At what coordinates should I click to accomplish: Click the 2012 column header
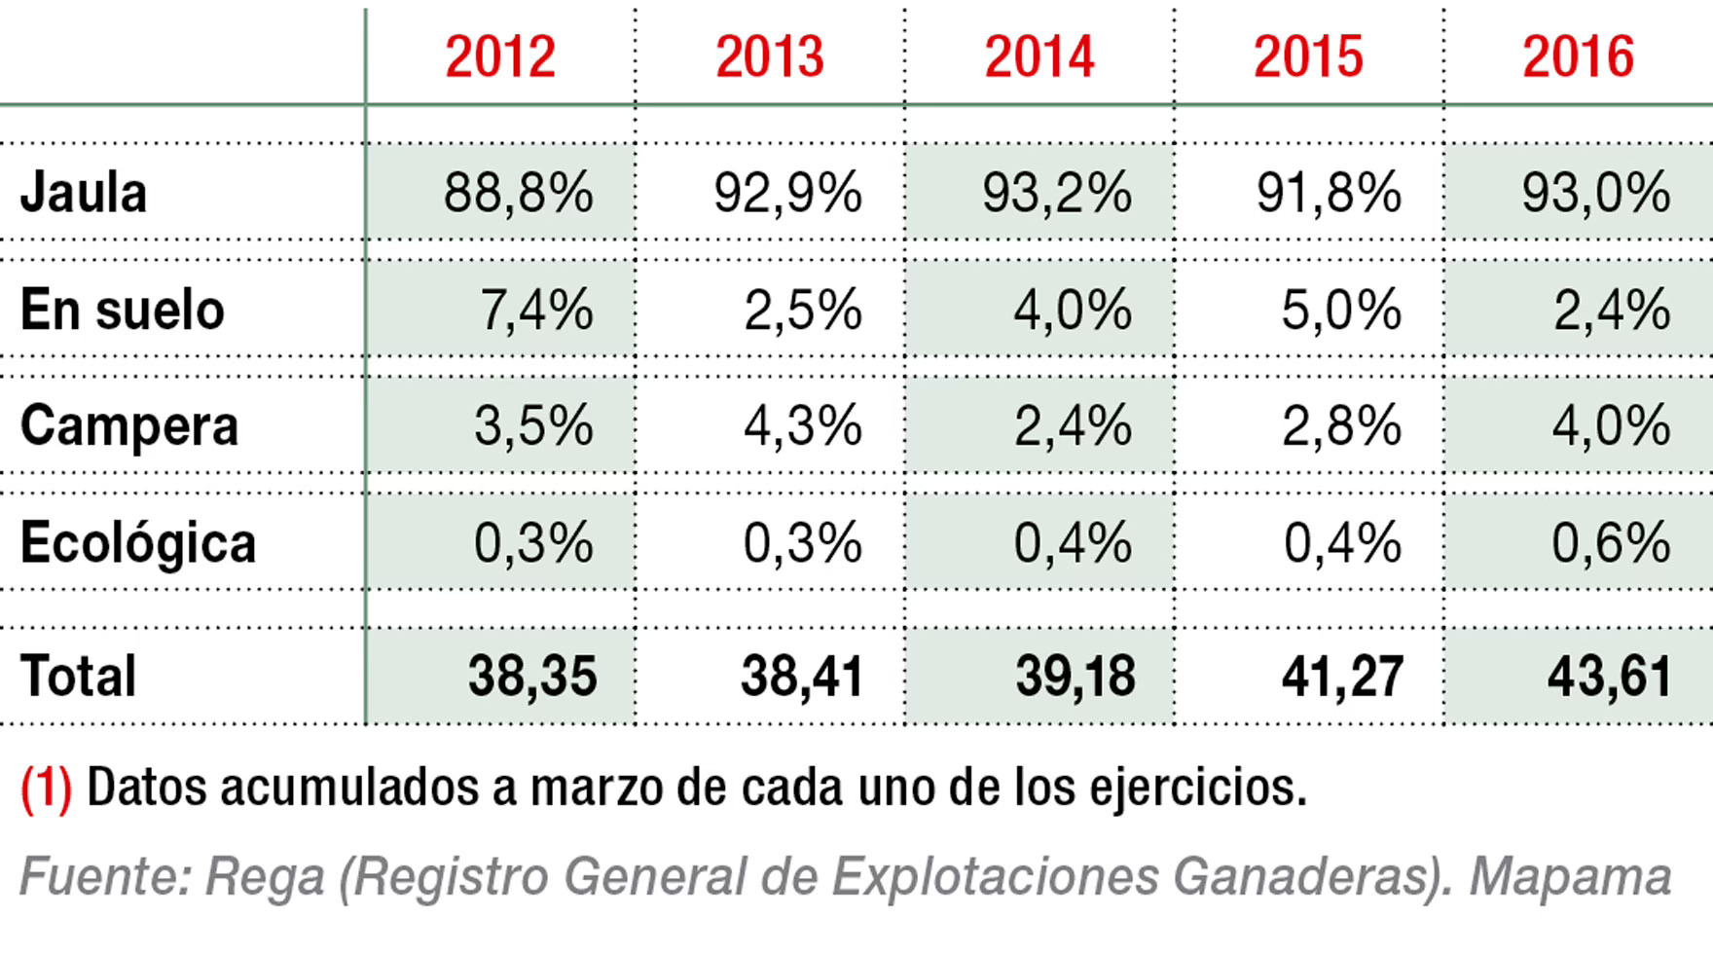click(500, 57)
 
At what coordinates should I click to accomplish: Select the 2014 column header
click(1039, 57)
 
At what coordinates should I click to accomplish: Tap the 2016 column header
click(1578, 57)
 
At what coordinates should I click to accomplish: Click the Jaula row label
click(84, 192)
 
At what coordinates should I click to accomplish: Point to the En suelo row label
click(122, 310)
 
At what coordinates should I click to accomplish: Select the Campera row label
click(128, 425)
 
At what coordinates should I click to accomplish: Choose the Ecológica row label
click(137, 542)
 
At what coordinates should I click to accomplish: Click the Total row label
click(78, 676)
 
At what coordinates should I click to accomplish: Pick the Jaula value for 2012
click(518, 192)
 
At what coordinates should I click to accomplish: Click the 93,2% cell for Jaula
click(1056, 192)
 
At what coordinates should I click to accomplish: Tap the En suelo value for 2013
click(802, 310)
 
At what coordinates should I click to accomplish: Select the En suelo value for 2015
click(1340, 310)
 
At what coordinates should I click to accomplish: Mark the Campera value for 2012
click(533, 425)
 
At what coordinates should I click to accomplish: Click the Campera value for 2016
click(1611, 425)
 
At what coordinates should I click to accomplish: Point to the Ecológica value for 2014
click(1072, 542)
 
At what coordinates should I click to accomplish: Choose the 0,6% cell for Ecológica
click(1611, 542)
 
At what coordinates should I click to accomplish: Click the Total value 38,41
click(802, 676)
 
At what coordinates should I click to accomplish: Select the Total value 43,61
click(1610, 676)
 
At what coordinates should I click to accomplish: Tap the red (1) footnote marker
click(46, 788)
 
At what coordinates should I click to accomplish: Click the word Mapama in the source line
click(1569, 876)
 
